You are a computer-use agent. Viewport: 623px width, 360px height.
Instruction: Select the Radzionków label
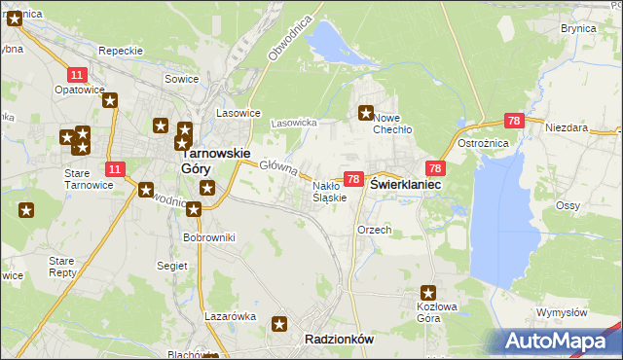pyautogui.click(x=339, y=339)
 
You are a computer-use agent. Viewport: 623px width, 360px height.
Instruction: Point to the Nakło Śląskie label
pyautogui.click(x=329, y=192)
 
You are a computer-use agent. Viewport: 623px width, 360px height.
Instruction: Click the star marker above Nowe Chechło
pyautogui.click(x=367, y=113)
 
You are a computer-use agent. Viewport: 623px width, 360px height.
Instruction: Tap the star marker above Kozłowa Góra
pyautogui.click(x=427, y=291)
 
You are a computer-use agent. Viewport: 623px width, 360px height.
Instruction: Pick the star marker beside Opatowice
pyautogui.click(x=110, y=99)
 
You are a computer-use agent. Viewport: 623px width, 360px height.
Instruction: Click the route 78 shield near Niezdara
pyautogui.click(x=515, y=121)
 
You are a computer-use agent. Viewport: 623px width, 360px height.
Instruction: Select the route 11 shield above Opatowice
pyautogui.click(x=76, y=74)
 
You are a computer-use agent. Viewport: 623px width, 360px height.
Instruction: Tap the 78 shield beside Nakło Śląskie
pyautogui.click(x=353, y=179)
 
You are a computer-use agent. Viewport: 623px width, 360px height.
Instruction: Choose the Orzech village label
pyautogui.click(x=375, y=230)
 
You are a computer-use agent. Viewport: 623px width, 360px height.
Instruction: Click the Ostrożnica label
pyautogui.click(x=478, y=143)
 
